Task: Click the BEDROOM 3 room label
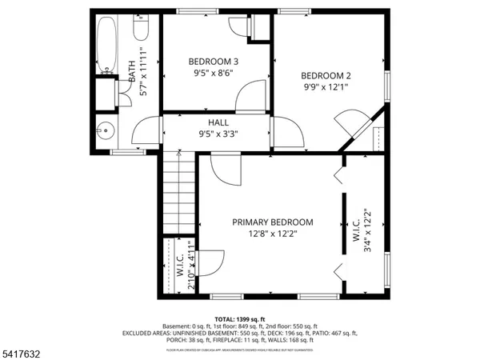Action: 213,61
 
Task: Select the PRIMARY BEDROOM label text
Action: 273,222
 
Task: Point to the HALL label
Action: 218,122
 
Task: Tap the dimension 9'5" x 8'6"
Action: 213,74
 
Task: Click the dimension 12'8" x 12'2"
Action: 273,234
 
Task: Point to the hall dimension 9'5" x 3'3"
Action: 218,134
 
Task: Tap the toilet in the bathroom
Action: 142,26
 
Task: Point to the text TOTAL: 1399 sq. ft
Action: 240,319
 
